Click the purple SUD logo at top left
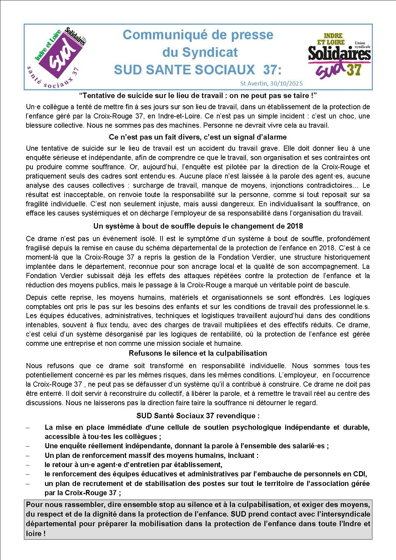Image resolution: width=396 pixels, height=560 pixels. coord(57,57)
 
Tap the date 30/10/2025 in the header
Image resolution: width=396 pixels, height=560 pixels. coord(286,84)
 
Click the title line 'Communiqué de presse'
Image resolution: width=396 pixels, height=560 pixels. coord(198,35)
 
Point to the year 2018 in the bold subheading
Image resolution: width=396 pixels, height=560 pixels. coord(294,226)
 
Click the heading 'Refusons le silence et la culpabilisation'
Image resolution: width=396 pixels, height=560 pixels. coord(198,353)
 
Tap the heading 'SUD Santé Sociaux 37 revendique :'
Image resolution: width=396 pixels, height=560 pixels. coord(198,416)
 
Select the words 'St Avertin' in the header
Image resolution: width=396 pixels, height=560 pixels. coord(254,84)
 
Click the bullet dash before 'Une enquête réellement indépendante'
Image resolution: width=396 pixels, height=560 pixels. coord(27,446)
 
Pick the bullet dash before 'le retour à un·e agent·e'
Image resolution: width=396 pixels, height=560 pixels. coord(27,465)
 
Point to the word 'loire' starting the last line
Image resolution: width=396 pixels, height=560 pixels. coord(34,534)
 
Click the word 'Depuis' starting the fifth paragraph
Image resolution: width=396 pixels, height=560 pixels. coord(36,297)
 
